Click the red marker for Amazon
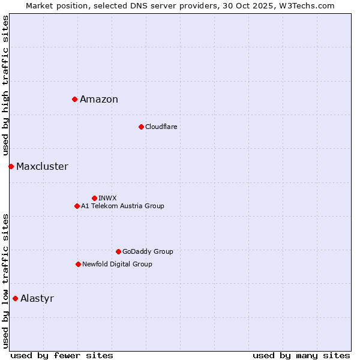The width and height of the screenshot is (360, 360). click(x=74, y=99)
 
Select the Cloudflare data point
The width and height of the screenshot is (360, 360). click(x=141, y=127)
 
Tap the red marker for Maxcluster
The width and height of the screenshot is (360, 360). click(x=11, y=166)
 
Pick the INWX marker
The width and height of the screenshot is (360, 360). click(x=94, y=198)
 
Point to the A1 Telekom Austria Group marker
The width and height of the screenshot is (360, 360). click(x=77, y=206)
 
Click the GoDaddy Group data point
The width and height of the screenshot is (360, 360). click(x=118, y=251)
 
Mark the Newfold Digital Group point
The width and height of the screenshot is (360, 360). click(x=78, y=264)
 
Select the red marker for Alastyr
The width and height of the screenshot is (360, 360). click(x=15, y=298)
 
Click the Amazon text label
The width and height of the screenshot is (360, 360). click(x=99, y=100)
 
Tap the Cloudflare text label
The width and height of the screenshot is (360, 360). click(x=161, y=127)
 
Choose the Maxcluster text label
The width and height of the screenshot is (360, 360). click(x=42, y=167)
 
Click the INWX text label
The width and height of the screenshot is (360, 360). click(x=107, y=198)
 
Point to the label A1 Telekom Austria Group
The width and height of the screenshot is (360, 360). click(x=122, y=206)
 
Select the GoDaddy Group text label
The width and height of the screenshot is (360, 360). click(x=148, y=251)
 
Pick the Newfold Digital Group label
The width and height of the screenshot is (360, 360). click(x=117, y=264)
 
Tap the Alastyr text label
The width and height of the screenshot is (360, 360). click(x=37, y=299)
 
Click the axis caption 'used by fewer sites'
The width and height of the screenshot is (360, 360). click(x=62, y=356)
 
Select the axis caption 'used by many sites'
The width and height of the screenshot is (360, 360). click(x=301, y=356)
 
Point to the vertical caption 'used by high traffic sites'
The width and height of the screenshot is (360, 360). click(x=5, y=86)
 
